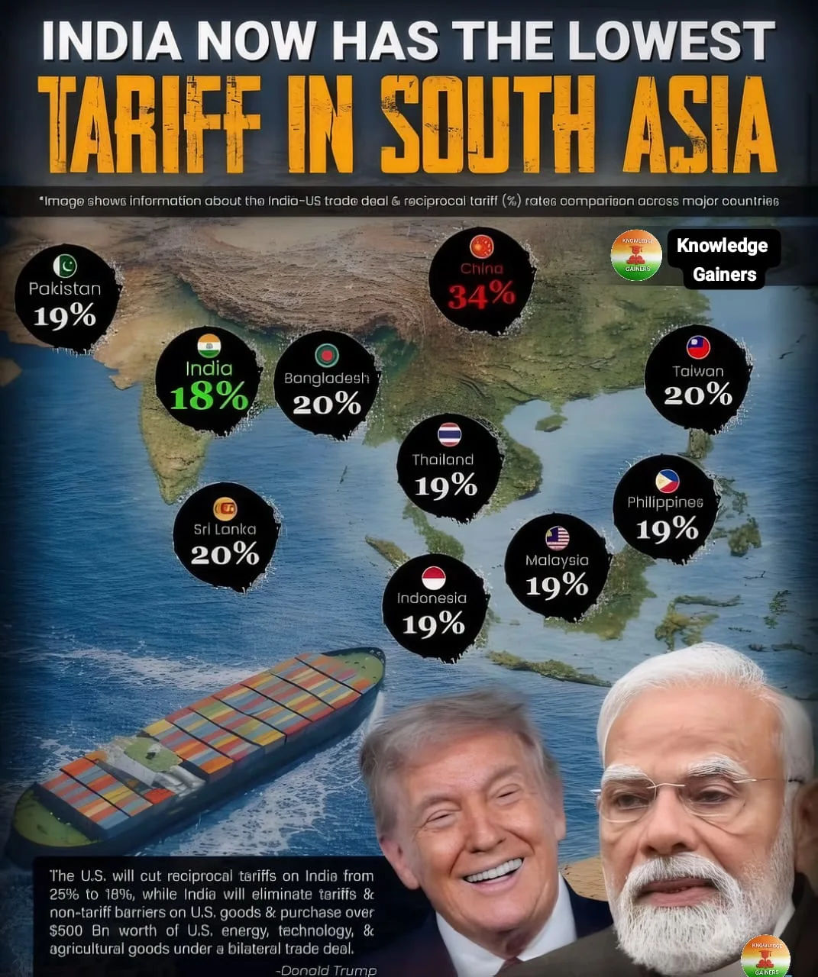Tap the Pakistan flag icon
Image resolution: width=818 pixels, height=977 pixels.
click(x=65, y=265)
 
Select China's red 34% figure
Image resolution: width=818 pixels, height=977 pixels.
click(x=481, y=295)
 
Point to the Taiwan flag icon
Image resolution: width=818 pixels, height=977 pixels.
click(x=698, y=347)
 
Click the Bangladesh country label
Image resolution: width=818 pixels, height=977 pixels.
click(x=326, y=378)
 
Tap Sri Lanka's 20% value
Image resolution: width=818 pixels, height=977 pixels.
click(x=225, y=553)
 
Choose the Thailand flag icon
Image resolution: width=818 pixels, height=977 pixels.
click(x=449, y=434)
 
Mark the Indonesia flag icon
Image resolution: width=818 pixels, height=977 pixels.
click(x=433, y=578)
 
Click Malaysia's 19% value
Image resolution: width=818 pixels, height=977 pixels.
click(x=557, y=585)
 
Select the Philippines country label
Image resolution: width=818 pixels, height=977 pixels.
click(x=664, y=502)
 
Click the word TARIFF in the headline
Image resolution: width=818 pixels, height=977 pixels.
click(x=149, y=124)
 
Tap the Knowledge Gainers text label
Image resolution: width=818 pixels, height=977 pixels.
click(x=723, y=260)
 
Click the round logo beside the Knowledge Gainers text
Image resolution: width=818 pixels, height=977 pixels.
click(x=636, y=255)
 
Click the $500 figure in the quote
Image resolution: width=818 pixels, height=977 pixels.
click(x=66, y=930)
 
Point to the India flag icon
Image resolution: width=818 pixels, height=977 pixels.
click(x=209, y=346)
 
